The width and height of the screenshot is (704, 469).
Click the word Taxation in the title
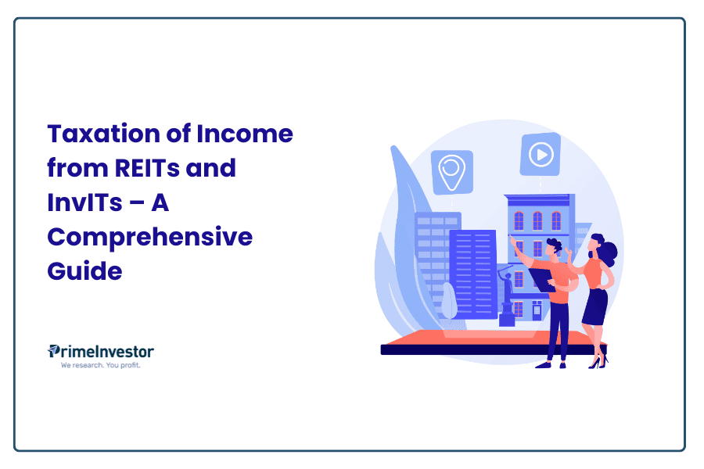pos(104,134)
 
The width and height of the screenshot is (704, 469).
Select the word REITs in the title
pos(147,168)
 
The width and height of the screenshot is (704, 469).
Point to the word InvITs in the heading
pos(84,202)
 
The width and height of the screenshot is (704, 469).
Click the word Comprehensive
pos(150,238)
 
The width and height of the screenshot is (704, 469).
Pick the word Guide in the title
pos(84,271)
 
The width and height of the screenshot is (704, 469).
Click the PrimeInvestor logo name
pos(101,352)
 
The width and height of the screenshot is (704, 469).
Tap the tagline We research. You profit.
pos(101,365)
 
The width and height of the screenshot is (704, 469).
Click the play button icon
pos(541,155)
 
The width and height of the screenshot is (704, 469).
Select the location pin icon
pos(451,172)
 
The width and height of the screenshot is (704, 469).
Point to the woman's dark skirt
pos(595,306)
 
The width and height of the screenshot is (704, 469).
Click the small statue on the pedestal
pos(508,297)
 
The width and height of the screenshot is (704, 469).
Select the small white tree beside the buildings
pos(449,301)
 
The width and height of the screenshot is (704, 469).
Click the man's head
pos(554,249)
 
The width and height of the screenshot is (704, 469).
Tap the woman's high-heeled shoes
pos(598,362)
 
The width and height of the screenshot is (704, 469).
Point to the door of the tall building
pos(537,310)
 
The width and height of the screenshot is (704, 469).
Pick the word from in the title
pos(77,168)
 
